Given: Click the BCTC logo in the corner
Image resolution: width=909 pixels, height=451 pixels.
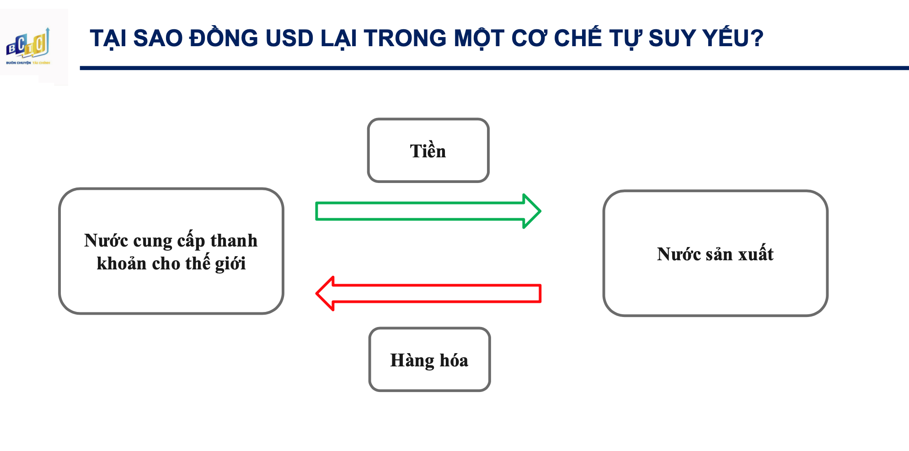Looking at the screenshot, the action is coord(28,46).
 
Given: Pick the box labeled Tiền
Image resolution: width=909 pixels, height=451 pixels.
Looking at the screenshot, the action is coord(428,150).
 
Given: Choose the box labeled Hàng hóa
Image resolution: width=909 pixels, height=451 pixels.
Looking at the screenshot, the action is coord(429,360).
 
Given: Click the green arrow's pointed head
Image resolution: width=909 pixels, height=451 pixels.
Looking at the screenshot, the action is coord(540,211).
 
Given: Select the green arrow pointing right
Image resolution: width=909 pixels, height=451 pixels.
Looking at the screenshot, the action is coord(428,211).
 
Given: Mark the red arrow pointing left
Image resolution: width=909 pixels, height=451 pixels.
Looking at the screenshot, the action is coord(428,293).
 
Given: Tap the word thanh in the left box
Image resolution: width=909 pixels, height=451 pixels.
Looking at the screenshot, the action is coord(234,240).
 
